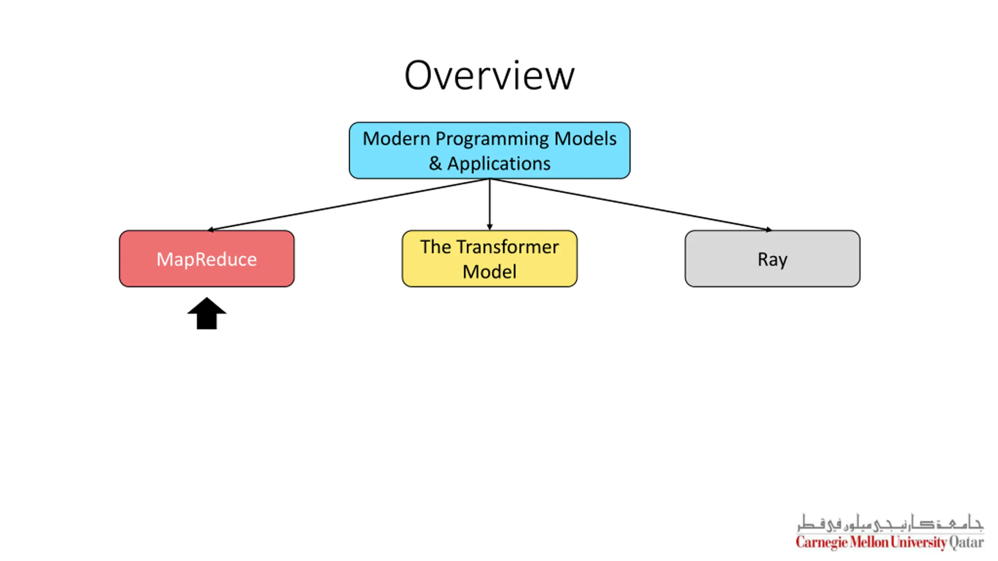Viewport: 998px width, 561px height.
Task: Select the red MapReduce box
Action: [x=207, y=259]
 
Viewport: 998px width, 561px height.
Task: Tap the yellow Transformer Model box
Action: [x=490, y=259]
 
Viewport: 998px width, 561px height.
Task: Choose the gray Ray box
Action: [x=772, y=259]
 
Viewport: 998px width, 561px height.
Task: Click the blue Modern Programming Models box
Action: [x=490, y=150]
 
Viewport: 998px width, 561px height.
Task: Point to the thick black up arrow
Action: [x=207, y=314]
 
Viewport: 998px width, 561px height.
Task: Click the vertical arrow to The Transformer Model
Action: [x=490, y=205]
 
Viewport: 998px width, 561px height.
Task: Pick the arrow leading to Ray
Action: [x=631, y=205]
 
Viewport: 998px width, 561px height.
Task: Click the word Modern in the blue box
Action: [x=396, y=139]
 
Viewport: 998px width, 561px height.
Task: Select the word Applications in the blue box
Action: [x=499, y=164]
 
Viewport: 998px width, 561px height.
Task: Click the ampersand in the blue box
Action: [x=435, y=164]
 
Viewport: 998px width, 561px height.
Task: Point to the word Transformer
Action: [x=508, y=247]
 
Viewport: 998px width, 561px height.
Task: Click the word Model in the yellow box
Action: [x=490, y=272]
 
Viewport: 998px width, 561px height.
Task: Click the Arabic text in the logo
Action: [x=890, y=522]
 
